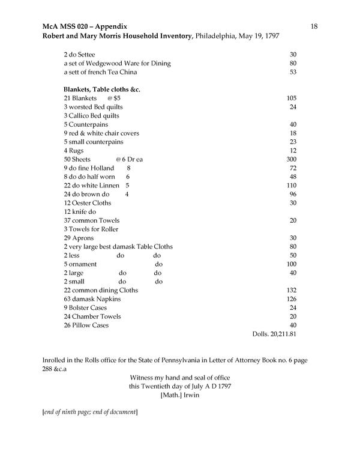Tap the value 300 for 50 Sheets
click(x=292, y=159)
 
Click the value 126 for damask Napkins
click(x=292, y=298)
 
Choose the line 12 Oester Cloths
click(x=88, y=203)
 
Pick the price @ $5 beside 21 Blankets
click(x=114, y=98)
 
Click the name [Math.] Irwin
click(x=179, y=395)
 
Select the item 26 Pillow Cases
click(x=88, y=325)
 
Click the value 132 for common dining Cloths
click(x=292, y=290)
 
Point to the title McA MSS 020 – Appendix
click(x=84, y=26)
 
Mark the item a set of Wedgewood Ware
click(x=117, y=64)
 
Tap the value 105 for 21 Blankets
click(x=292, y=98)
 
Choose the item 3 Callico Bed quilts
click(x=91, y=115)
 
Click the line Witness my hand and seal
click(x=180, y=377)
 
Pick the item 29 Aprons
click(x=79, y=238)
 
